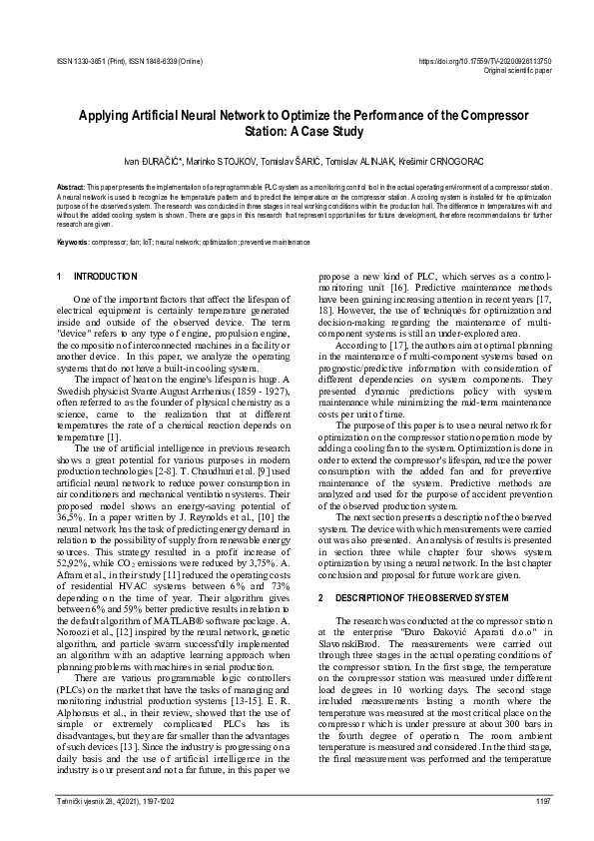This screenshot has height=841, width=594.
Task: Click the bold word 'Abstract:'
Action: point(71,187)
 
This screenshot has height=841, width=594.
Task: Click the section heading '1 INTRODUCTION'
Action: point(98,276)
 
